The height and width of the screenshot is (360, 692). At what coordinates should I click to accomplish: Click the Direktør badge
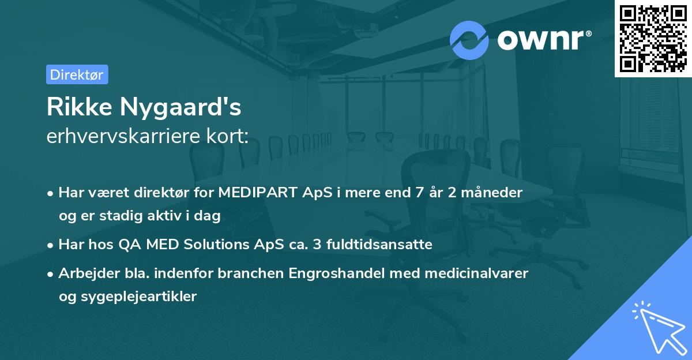click(77, 74)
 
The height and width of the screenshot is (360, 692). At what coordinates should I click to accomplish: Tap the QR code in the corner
click(653, 38)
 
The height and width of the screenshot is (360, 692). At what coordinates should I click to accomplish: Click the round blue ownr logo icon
click(469, 40)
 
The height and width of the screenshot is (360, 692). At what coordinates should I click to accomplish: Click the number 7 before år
click(411, 193)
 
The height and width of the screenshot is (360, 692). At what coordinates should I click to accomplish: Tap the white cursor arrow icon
click(657, 327)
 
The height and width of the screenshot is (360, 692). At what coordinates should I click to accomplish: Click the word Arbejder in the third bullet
click(84, 273)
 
